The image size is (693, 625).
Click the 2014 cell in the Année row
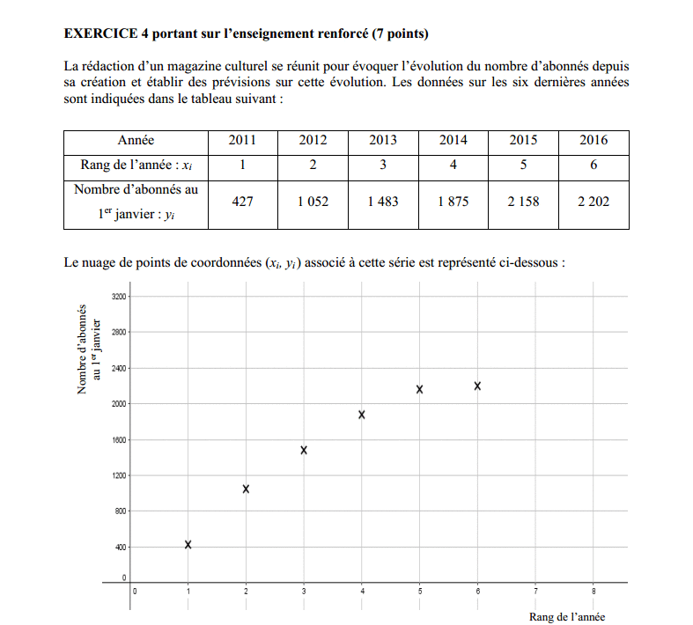(453, 141)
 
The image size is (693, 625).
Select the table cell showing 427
(241, 202)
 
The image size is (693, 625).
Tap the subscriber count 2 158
(523, 202)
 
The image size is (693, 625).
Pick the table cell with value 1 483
(382, 202)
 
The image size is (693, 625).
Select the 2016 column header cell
(593, 141)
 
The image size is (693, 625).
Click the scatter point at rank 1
(188, 545)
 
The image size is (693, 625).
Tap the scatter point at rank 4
(362, 415)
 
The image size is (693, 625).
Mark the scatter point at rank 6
(477, 386)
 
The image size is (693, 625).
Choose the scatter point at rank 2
(246, 489)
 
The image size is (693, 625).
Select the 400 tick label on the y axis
(121, 548)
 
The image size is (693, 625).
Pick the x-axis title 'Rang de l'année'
(567, 617)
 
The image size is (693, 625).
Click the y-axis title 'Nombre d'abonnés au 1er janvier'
(89, 349)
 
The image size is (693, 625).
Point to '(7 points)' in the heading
(401, 34)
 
